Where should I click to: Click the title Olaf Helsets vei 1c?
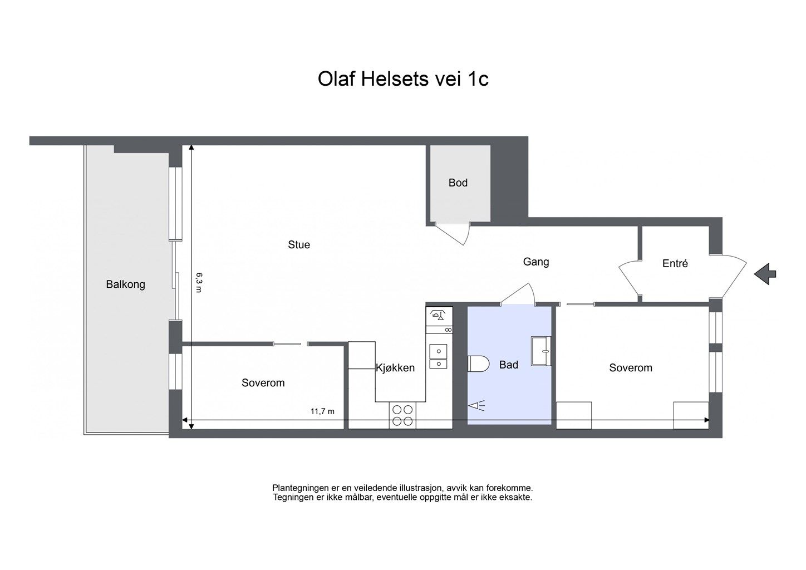point(403,79)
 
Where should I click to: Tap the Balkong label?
point(126,284)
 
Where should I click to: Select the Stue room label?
point(299,245)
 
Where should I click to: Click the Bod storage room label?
point(458,183)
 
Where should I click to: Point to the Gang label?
point(536,262)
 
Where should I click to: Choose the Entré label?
point(675,263)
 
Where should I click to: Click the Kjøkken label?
point(395,368)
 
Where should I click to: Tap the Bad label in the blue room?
point(509,365)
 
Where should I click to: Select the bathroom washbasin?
point(542,351)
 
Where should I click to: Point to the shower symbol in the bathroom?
point(476,406)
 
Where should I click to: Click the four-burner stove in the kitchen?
point(402,415)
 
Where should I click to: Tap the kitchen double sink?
point(438,357)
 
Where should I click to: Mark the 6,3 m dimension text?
point(199,282)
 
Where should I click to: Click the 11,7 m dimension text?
point(322,411)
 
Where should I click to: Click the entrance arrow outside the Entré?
point(765,274)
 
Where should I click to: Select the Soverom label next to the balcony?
point(263,383)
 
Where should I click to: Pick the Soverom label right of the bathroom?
point(631,368)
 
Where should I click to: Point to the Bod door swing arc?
point(466,235)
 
